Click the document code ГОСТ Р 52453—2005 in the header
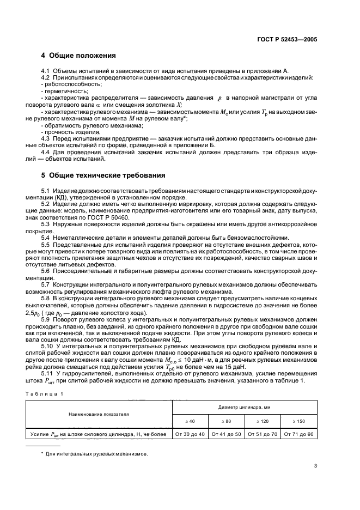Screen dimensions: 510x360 tap(290, 40)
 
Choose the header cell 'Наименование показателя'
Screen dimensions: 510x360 tap(99, 414)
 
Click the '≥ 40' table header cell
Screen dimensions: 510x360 tap(190, 422)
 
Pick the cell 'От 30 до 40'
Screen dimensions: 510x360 tap(190, 434)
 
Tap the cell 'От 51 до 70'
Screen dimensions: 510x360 tap(263, 434)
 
